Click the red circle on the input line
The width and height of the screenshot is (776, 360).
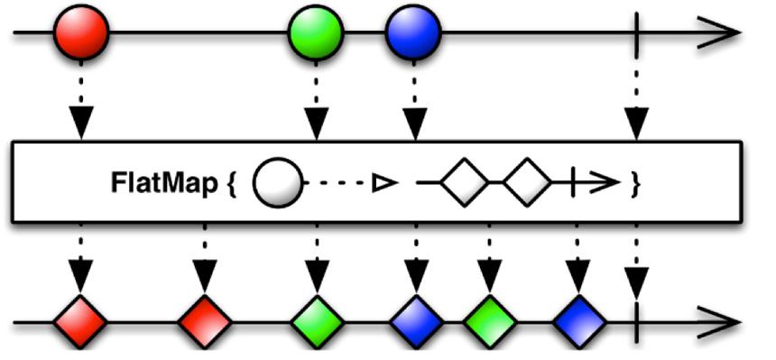coord(80,32)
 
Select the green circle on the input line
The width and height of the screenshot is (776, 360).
coord(316,32)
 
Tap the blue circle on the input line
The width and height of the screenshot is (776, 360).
coord(413,32)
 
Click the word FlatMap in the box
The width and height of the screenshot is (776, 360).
coord(164,184)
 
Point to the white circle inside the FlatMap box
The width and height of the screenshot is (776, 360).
coord(278,182)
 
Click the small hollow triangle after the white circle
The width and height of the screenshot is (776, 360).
coord(385,183)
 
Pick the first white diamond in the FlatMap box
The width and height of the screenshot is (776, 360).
coord(464,182)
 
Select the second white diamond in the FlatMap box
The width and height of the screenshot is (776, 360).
coord(527,182)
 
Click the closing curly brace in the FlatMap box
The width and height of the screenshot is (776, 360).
coord(636,183)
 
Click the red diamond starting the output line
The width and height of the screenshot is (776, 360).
coord(80,322)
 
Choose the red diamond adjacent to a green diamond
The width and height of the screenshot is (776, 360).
coord(205,322)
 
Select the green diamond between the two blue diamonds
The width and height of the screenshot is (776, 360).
coord(489,322)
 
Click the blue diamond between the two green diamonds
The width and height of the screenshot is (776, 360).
coord(416,322)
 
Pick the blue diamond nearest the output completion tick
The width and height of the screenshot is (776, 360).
coord(579,322)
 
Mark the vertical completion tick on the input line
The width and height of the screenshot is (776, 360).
coord(636,32)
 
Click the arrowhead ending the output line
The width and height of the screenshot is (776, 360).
coord(718,322)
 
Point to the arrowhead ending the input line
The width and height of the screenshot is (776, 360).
coord(718,32)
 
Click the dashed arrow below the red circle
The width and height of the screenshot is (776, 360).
coord(81,100)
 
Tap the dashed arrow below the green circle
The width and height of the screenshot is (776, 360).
coord(316,100)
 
